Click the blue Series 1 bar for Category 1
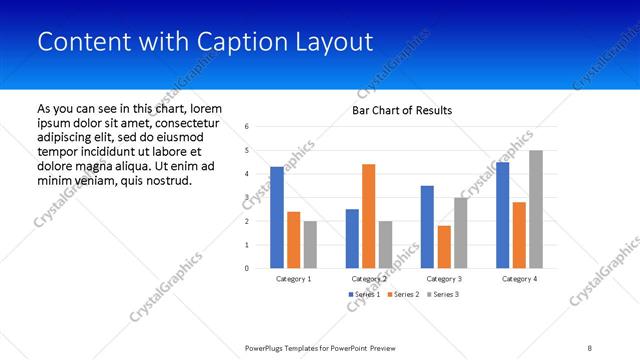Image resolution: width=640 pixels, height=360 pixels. [277, 217]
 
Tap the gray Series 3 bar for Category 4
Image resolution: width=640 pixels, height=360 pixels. [536, 209]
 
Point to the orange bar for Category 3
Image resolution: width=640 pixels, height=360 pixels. [444, 247]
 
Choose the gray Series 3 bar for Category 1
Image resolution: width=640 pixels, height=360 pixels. [310, 244]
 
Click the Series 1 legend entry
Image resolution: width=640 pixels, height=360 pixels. [363, 294]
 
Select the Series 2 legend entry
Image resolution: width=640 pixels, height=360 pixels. [402, 294]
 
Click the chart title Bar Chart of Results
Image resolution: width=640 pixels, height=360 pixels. [402, 110]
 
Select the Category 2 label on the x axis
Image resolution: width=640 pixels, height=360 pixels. [369, 279]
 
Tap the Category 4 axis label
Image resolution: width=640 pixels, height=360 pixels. [519, 279]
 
